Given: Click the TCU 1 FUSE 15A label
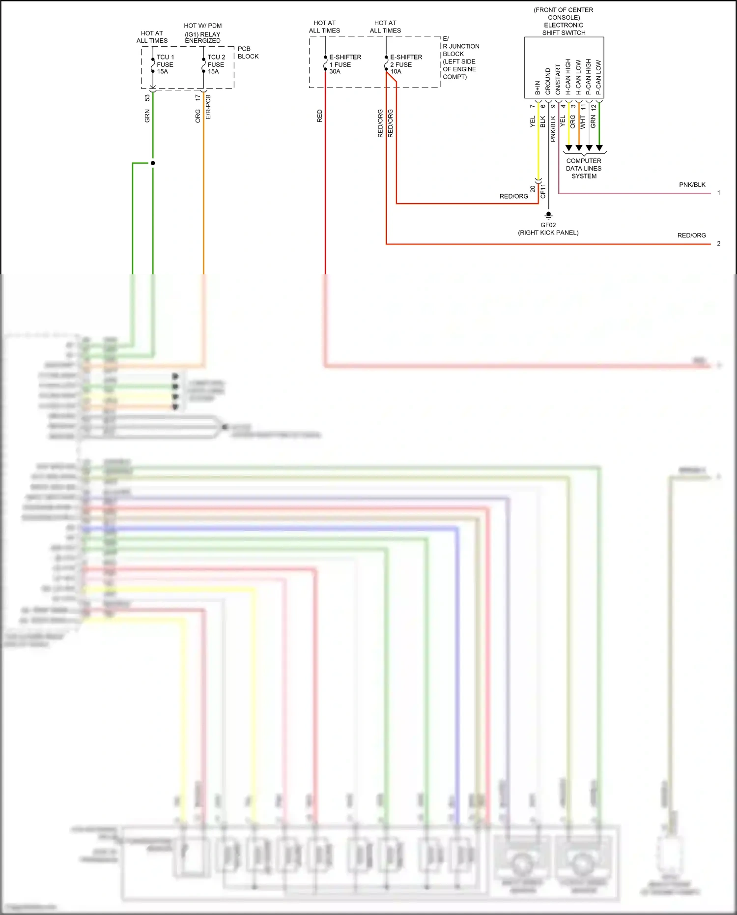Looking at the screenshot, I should coord(165,64).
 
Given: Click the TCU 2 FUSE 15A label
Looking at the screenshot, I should coord(216,64).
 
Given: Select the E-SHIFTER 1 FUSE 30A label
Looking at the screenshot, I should coord(344,64).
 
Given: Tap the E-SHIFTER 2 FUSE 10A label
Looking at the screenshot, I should coord(405,64).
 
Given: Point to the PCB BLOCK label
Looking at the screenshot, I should coord(248,53).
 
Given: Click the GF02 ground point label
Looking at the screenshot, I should coord(548,225).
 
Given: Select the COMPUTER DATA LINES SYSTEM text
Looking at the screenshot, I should coord(583,168).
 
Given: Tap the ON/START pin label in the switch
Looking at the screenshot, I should coord(558,80).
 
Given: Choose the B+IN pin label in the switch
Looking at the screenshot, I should coord(538,88).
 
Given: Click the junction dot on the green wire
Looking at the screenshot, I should coord(153,163).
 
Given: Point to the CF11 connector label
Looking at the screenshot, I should coord(543,191).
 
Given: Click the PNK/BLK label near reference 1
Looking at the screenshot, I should coord(692,185).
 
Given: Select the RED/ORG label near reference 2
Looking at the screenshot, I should coord(691,236).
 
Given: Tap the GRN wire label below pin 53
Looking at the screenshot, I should coord(147,116).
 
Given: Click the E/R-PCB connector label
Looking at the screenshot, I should coord(208,107).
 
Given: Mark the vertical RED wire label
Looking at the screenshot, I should coord(319,116).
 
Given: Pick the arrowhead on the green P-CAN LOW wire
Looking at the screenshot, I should coord(599,148).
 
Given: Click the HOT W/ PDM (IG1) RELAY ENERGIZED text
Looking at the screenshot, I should coord(202,33).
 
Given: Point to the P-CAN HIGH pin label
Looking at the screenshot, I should coord(588,77).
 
